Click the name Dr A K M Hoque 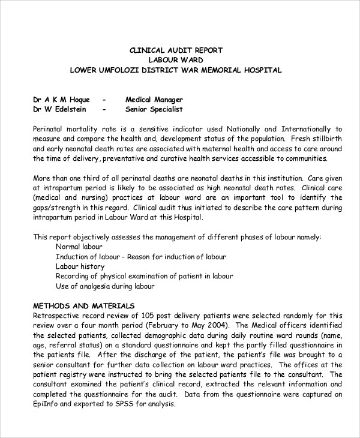coord(61,100)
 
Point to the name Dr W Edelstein coord(60,109)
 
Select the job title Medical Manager coord(154,100)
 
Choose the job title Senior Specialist coord(154,109)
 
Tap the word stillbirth coord(323,139)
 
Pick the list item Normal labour coord(79,247)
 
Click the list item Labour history coord(80,266)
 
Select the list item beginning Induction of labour coord(141,257)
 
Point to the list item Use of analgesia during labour coord(105,286)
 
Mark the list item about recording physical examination coord(144,276)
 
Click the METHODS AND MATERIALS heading coord(83,305)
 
